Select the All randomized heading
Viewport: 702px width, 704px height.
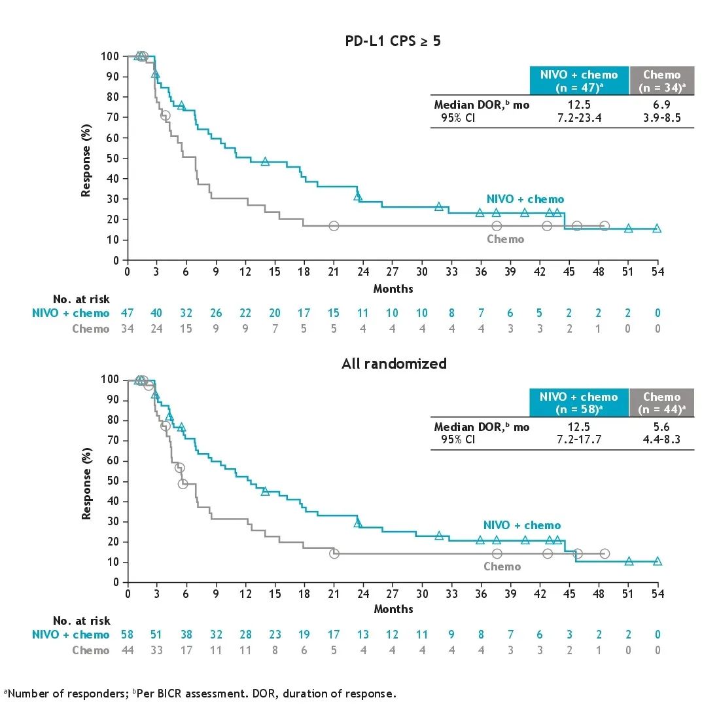[x=394, y=363]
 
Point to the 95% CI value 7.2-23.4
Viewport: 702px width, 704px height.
[x=580, y=117]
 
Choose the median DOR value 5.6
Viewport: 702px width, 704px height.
[x=661, y=427]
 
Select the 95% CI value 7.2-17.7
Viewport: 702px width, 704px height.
[x=580, y=439]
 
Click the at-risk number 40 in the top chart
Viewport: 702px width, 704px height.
[x=157, y=314]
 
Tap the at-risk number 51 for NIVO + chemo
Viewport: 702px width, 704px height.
[x=157, y=635]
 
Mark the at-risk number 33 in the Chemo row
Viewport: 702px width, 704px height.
[x=157, y=650]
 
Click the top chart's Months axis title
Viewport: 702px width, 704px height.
[x=393, y=288]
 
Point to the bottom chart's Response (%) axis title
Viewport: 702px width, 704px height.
[x=86, y=480]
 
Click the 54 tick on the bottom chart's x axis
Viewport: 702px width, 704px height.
[x=658, y=594]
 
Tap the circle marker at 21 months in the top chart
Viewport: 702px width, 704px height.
[x=334, y=226]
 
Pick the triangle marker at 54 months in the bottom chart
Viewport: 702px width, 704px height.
[x=658, y=561]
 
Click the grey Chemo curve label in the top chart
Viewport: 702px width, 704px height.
[x=505, y=240]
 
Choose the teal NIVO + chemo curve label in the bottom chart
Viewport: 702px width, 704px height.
[x=522, y=525]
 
